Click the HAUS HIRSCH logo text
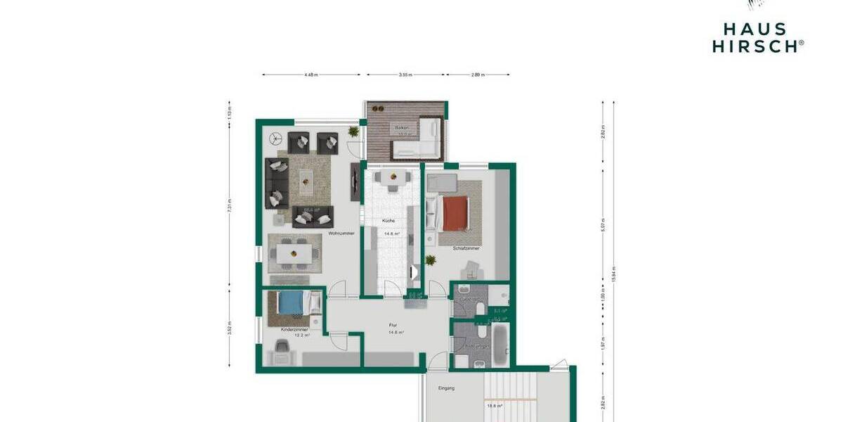click(757, 37)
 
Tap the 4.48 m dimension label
click(311, 74)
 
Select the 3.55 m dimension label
click(405, 74)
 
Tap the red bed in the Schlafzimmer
click(455, 213)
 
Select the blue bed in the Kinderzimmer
click(291, 302)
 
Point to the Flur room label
click(393, 325)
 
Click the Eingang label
click(447, 388)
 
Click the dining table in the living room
click(294, 252)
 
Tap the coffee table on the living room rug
click(307, 181)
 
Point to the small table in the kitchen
click(388, 179)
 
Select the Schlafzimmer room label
click(466, 248)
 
